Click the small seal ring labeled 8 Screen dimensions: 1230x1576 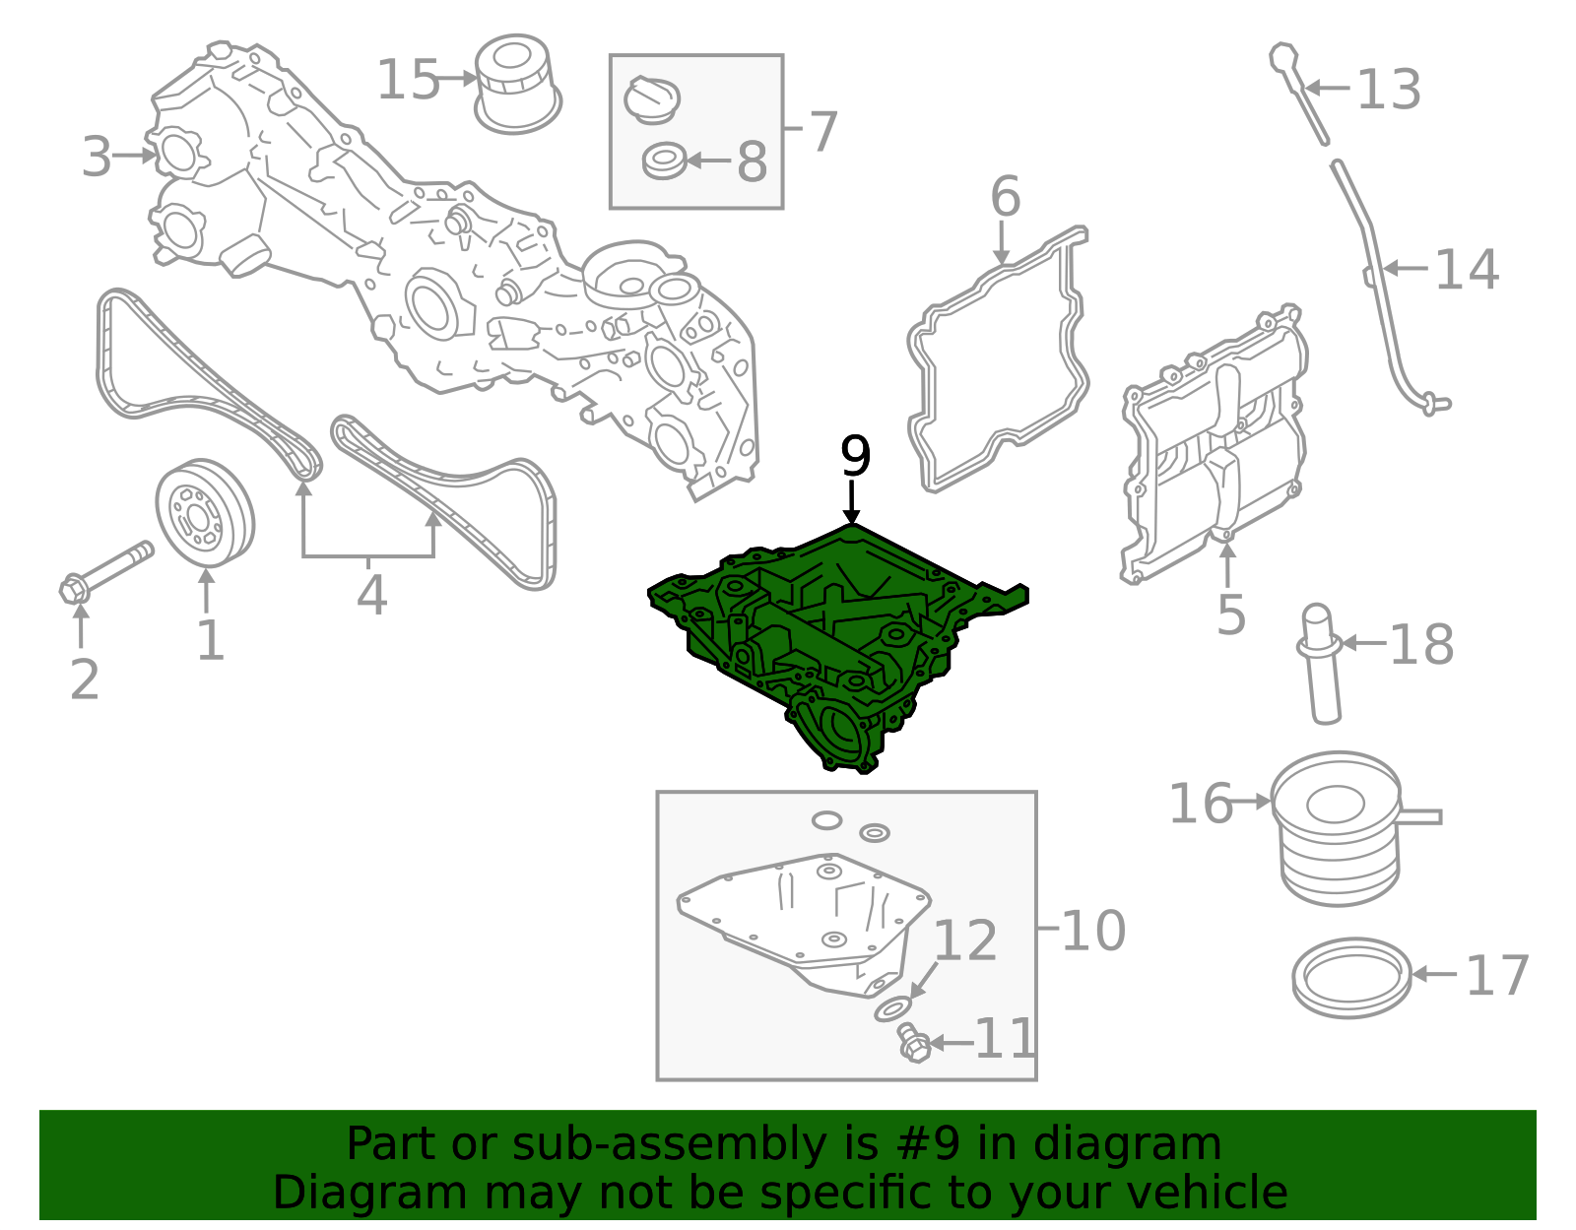click(x=664, y=161)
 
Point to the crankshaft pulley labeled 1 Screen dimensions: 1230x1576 click(x=205, y=512)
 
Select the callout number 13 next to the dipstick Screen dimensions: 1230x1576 click(x=1388, y=90)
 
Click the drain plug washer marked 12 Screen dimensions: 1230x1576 click(x=893, y=1009)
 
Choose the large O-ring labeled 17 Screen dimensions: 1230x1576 click(x=1351, y=976)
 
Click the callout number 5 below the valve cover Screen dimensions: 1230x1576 click(x=1230, y=615)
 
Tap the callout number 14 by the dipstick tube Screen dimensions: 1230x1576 click(x=1466, y=270)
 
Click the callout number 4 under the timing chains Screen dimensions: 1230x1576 click(x=371, y=595)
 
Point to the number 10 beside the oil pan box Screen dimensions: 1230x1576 click(x=1093, y=931)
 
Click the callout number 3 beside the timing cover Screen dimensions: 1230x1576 click(x=97, y=157)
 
